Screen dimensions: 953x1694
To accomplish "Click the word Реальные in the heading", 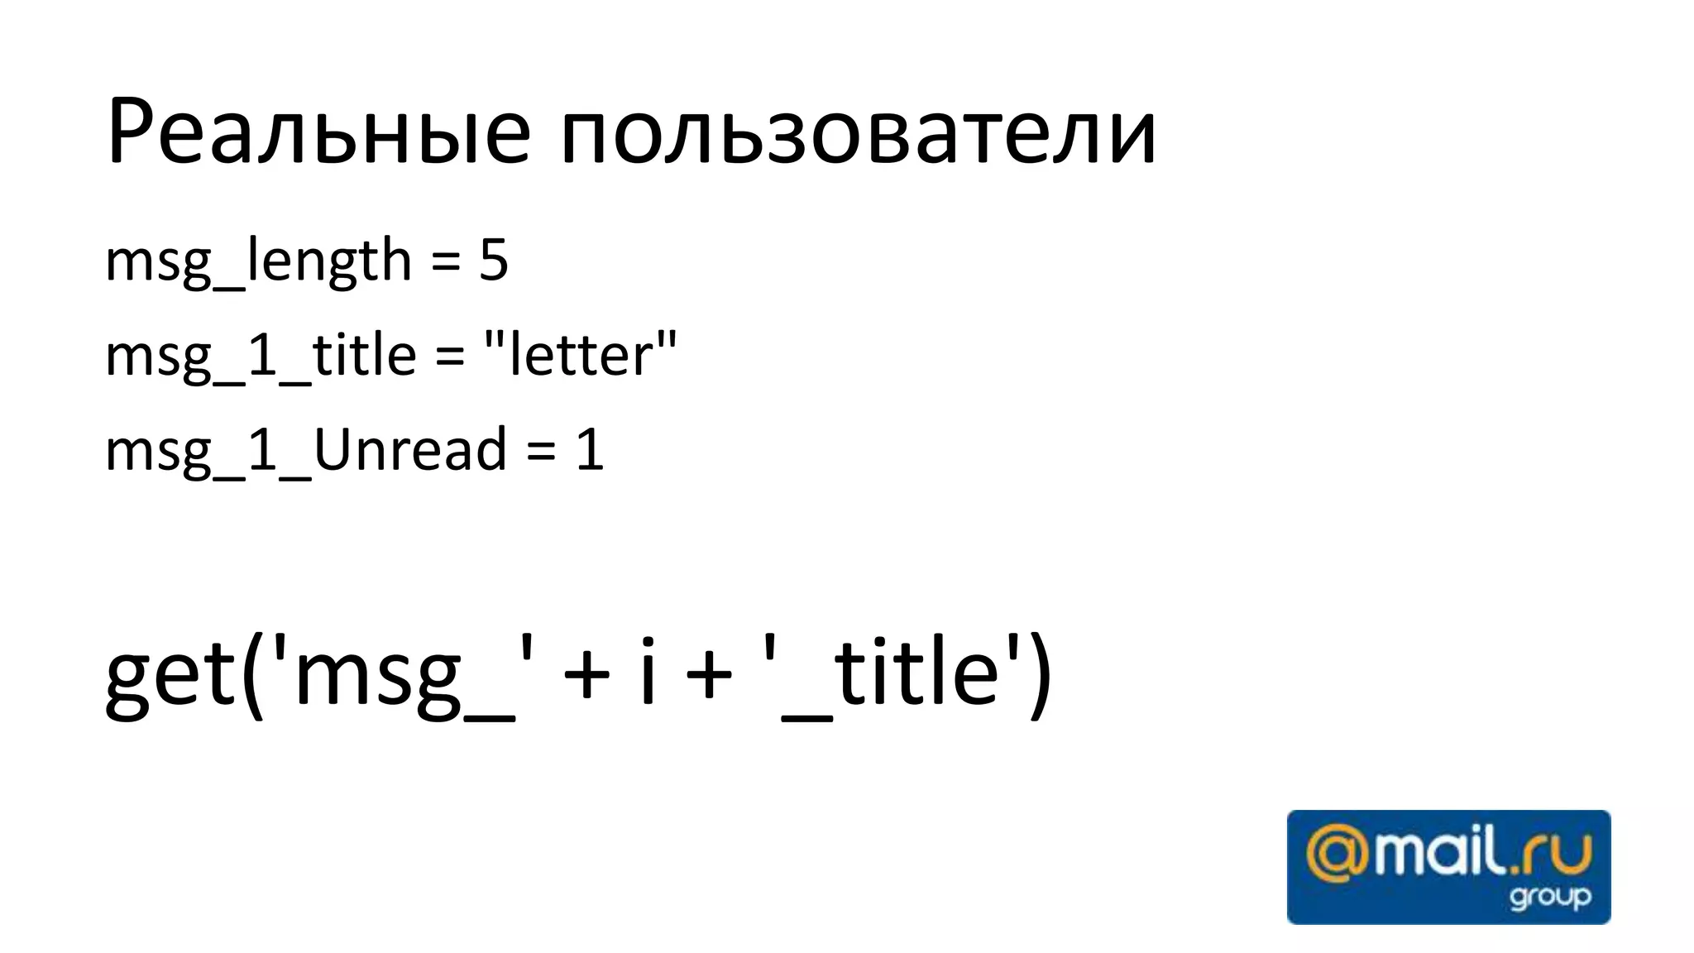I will (x=318, y=132).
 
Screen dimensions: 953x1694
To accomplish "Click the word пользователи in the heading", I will (x=858, y=132).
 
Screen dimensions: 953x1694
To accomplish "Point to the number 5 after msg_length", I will (x=493, y=261).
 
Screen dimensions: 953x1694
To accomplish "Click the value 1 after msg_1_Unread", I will (x=590, y=451).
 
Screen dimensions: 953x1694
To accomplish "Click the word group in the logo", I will (x=1549, y=898).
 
